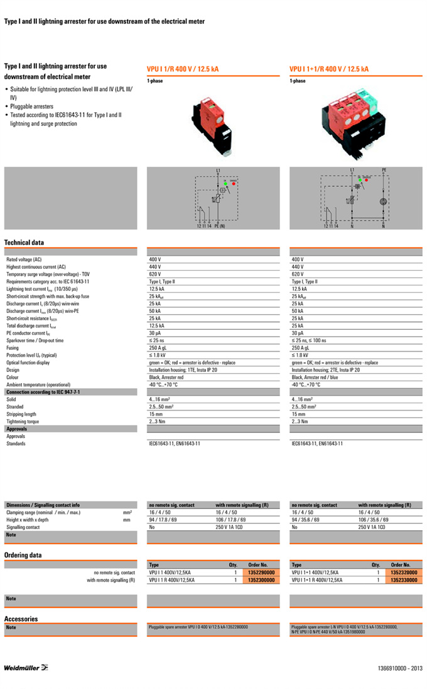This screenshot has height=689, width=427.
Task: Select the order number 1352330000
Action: [x=403, y=580]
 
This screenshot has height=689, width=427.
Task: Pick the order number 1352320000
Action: [x=403, y=572]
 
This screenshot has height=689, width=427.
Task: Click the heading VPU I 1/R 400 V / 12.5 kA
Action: [x=186, y=69]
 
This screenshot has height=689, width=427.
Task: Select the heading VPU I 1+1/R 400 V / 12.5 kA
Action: [x=329, y=69]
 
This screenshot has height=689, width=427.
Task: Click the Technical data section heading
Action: [x=24, y=243]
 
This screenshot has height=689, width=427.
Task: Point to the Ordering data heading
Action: [x=23, y=555]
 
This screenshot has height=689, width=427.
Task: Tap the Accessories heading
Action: [x=21, y=619]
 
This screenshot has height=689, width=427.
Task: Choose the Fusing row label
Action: [x=13, y=347]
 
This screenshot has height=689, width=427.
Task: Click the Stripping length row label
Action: [x=22, y=414]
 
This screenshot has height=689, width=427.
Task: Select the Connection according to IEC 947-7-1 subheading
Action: [x=43, y=392]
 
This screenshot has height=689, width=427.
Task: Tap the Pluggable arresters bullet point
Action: [x=31, y=107]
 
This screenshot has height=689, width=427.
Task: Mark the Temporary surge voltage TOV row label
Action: [x=48, y=274]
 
